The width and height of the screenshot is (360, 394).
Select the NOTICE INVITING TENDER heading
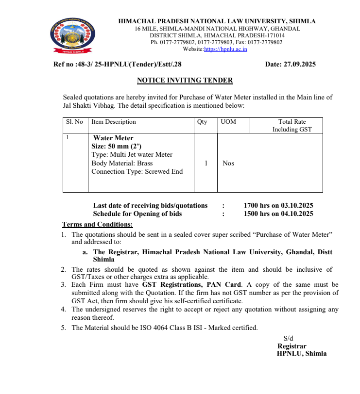[x=185, y=81]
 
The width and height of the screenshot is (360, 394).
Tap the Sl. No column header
[x=74, y=122]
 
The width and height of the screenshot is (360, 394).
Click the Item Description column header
[x=114, y=122]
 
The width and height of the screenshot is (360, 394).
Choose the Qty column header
[x=202, y=122]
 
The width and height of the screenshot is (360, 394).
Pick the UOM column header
[x=228, y=122]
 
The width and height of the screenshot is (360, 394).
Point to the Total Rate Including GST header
[x=292, y=126]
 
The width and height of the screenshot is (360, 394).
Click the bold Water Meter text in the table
[x=113, y=138]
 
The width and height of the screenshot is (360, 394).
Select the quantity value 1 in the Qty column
[x=206, y=163]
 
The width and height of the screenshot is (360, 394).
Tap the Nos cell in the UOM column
[x=228, y=163]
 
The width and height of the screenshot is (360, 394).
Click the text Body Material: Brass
[x=122, y=163]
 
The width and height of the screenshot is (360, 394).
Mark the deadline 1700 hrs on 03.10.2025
[x=278, y=206]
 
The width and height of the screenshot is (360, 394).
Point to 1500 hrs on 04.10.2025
[x=278, y=213]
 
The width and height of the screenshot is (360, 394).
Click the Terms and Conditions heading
[x=97, y=224]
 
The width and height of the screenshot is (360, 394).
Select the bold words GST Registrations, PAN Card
[x=192, y=285]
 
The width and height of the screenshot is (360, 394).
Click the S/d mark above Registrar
[x=288, y=338]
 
